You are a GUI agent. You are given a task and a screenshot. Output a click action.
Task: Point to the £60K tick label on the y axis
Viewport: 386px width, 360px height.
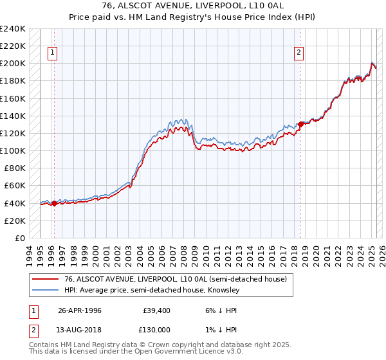point(15,186)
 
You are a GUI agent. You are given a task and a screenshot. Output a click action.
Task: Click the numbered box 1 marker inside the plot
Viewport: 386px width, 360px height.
point(52,53)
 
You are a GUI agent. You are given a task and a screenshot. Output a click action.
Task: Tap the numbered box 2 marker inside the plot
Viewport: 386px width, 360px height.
point(299,53)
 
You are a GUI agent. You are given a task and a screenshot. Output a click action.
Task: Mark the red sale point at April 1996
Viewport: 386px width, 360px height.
point(54,204)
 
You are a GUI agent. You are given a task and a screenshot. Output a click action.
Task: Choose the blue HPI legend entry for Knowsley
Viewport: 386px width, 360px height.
point(151,290)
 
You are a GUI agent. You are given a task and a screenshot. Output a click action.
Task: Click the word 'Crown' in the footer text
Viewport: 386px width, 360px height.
point(170,345)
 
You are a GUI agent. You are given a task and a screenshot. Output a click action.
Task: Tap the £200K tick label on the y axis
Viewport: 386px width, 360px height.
point(13,64)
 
